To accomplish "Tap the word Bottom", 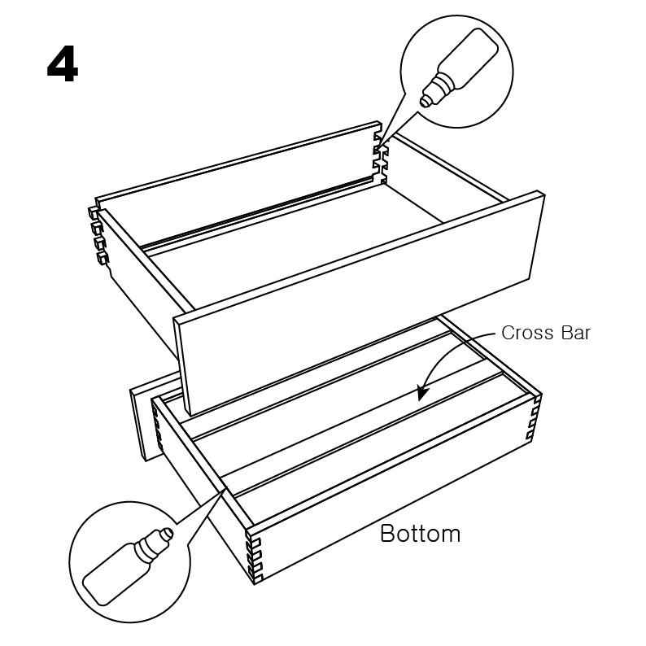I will (420, 534).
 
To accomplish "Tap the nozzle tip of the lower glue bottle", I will (168, 533).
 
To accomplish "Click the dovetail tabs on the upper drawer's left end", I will (98, 236).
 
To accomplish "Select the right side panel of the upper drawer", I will (456, 175).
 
